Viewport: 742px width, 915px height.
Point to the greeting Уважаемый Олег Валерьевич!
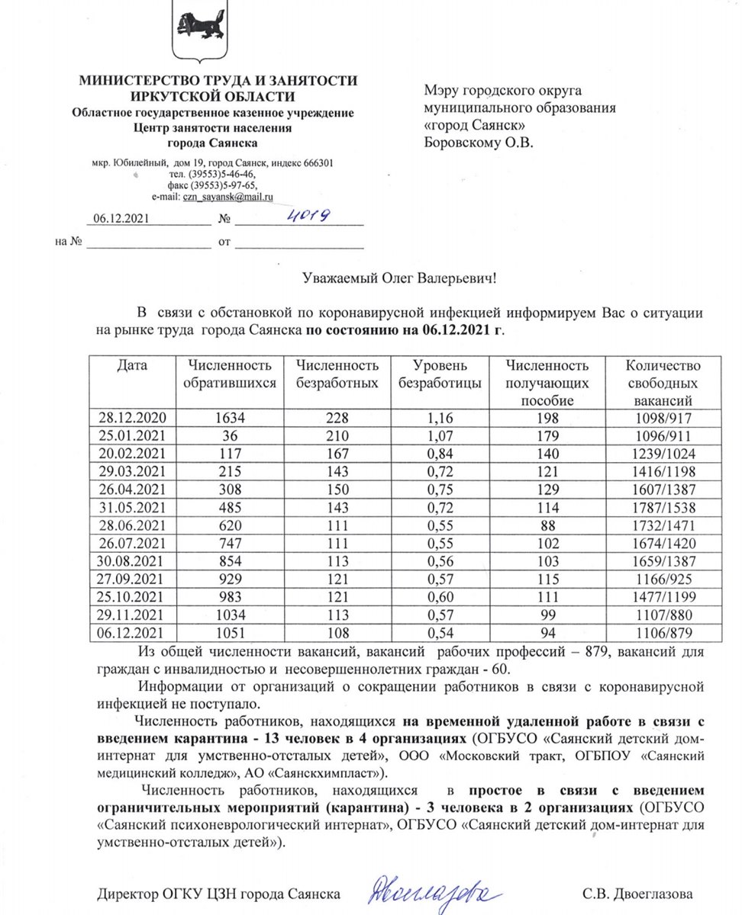pyautogui.click(x=396, y=279)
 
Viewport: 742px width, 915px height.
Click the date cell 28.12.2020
pyautogui.click(x=133, y=417)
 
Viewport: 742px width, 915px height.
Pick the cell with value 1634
pyautogui.click(x=230, y=417)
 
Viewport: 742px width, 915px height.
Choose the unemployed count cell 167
pyautogui.click(x=337, y=453)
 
